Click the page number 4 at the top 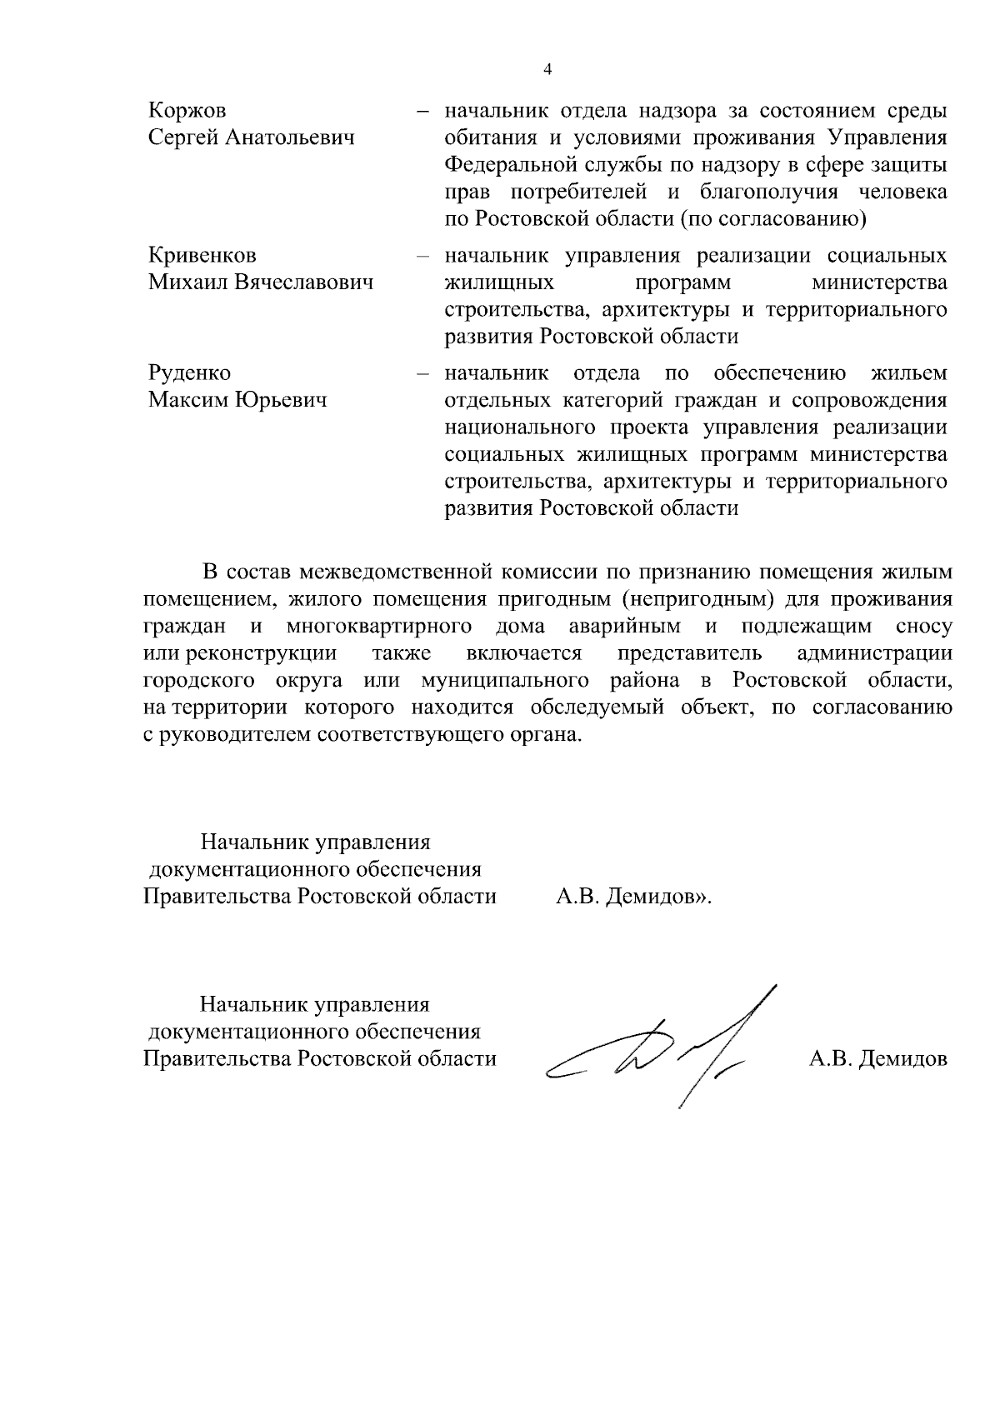[x=547, y=70]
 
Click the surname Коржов [x=187, y=111]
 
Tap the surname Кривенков [x=202, y=255]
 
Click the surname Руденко [x=189, y=372]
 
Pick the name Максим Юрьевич [x=237, y=400]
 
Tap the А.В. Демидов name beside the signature [x=878, y=1059]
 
